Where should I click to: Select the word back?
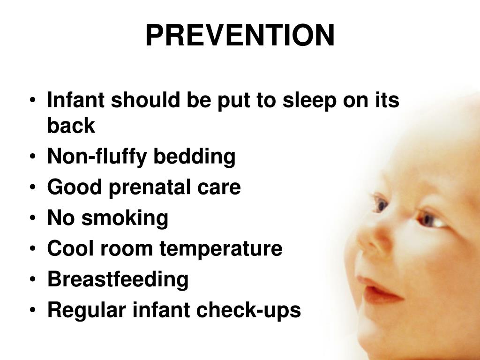(x=71, y=126)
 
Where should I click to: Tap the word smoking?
(x=125, y=218)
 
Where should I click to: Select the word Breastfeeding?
(x=118, y=279)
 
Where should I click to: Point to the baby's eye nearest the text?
(x=380, y=203)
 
